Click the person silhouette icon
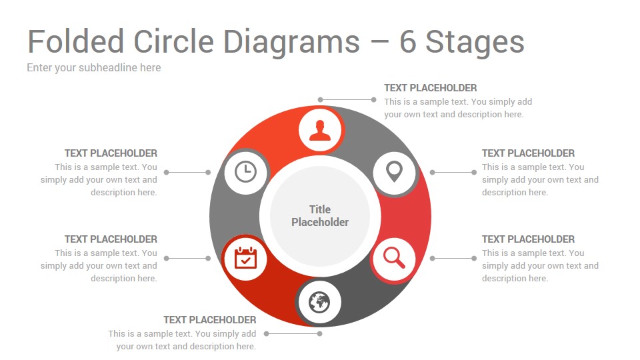(x=320, y=130)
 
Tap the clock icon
(x=245, y=172)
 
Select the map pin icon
(x=394, y=172)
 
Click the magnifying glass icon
(x=394, y=258)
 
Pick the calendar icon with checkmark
(x=245, y=258)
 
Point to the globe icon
(x=319, y=303)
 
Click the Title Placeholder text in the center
(x=320, y=215)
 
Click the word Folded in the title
(x=75, y=41)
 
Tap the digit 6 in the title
(x=407, y=41)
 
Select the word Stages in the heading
(x=475, y=43)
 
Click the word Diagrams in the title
(x=291, y=43)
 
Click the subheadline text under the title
(x=94, y=68)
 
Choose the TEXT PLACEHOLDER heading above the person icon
(x=430, y=88)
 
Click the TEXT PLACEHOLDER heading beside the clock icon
(x=111, y=153)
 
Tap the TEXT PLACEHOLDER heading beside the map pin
(x=528, y=153)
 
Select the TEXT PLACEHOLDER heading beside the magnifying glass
(x=528, y=239)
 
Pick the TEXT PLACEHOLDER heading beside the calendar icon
(x=111, y=239)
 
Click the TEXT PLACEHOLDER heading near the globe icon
(x=210, y=319)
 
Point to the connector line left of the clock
(x=187, y=172)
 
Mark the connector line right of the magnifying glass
(x=453, y=258)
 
